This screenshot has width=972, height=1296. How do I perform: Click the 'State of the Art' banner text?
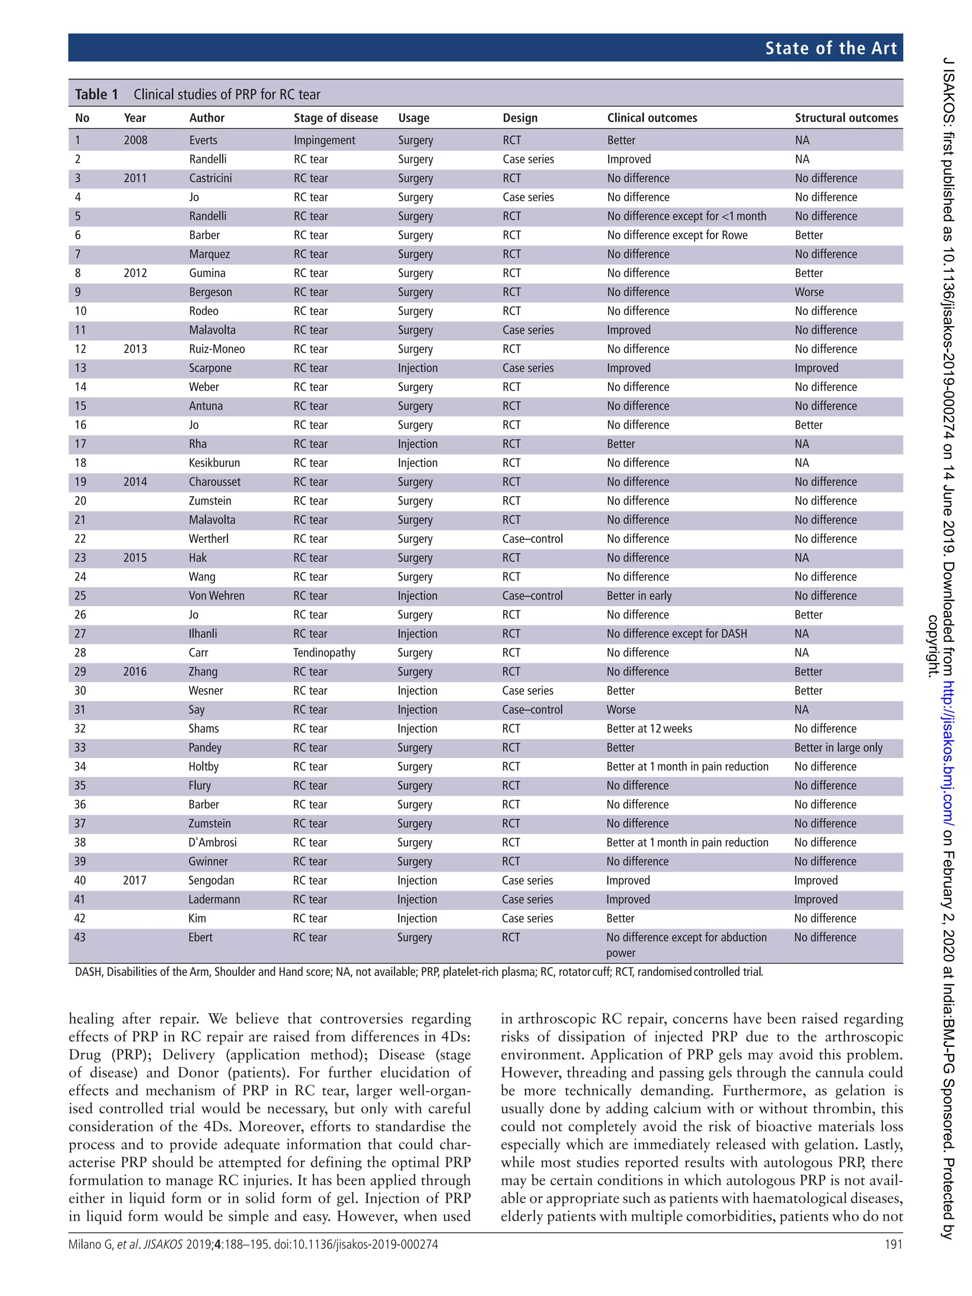click(830, 48)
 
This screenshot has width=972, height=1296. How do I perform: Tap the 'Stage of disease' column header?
click(335, 118)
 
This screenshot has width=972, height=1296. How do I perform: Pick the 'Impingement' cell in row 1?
click(324, 140)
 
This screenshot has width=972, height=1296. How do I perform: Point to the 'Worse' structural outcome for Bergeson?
click(809, 292)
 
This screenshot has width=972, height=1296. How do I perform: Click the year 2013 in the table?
click(135, 349)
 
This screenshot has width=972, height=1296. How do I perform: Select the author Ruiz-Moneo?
click(217, 349)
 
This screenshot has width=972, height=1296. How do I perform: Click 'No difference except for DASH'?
click(677, 634)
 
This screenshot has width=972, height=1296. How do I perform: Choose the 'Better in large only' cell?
click(838, 747)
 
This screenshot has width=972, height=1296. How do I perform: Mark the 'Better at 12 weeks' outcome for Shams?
click(649, 729)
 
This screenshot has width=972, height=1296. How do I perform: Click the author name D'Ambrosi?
click(213, 842)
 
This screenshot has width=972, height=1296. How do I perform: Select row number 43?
click(80, 937)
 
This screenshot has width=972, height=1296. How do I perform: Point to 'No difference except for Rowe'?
click(677, 235)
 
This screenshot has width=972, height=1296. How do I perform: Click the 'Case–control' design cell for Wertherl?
click(532, 539)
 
